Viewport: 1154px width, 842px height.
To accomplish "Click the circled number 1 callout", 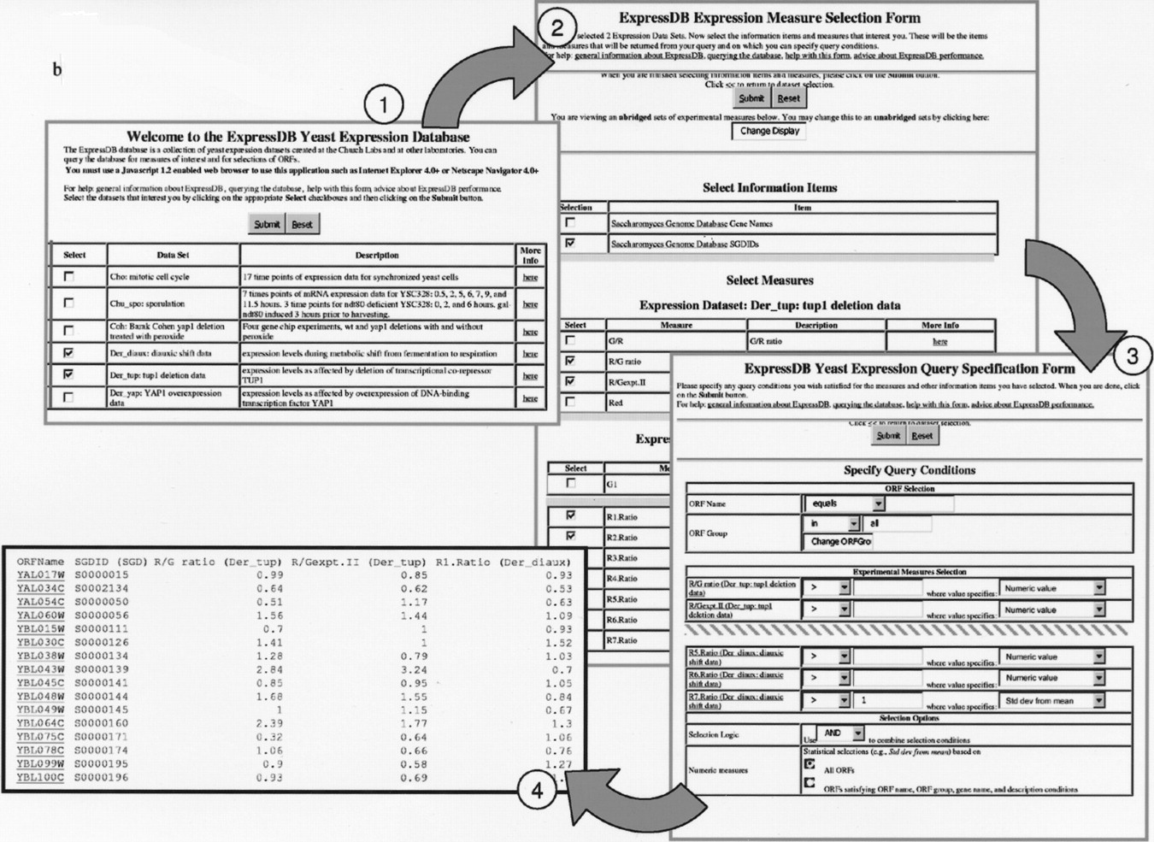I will [x=383, y=105].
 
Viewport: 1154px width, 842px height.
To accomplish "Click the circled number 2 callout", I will [x=556, y=26].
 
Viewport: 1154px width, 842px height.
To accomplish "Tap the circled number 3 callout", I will [x=1132, y=355].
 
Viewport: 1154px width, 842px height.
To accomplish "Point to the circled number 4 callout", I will [x=536, y=791].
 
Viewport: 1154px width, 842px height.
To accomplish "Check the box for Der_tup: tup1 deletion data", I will [x=69, y=374].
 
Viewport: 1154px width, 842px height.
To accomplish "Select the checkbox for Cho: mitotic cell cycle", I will [x=69, y=276].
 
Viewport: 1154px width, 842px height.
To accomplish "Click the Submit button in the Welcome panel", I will [x=267, y=224].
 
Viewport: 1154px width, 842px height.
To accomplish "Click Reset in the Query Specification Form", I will [x=921, y=435].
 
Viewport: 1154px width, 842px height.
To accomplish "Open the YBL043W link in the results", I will [x=40, y=669].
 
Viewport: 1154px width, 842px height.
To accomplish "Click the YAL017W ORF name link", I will [x=40, y=574].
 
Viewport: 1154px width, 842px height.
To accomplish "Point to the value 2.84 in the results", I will [x=269, y=669].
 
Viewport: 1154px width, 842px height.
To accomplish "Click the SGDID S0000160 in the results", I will [x=101, y=723].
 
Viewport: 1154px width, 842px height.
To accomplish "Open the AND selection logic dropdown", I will [x=840, y=733].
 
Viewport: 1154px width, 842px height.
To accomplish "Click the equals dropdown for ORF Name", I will [x=843, y=503].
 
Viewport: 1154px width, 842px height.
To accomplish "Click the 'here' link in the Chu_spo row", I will [x=530, y=303].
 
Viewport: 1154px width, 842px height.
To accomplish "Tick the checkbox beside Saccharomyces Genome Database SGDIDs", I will [x=571, y=243].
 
